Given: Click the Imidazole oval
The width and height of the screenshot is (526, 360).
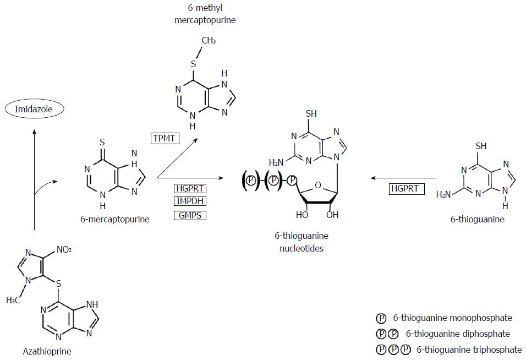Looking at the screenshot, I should [35, 109].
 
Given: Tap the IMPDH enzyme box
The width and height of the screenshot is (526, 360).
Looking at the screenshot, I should [190, 201].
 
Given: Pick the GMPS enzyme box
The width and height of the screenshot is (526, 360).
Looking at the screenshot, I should [190, 215].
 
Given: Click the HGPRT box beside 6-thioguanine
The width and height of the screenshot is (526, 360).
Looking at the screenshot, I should [405, 189].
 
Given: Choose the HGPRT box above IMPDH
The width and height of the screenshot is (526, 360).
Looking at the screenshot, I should [190, 188].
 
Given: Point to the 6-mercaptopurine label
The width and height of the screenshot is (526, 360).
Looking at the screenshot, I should [114, 219].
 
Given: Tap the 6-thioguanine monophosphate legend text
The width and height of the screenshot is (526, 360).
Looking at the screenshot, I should [453, 318].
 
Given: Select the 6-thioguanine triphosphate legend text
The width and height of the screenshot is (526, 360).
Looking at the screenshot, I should [469, 349].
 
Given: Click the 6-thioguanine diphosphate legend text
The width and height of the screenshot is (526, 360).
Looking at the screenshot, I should [458, 334].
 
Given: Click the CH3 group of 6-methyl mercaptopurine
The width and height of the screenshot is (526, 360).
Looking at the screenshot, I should [209, 41].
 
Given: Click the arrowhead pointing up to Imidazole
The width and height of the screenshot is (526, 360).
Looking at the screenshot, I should [35, 130].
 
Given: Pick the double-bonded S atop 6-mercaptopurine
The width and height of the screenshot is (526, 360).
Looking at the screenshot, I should [102, 142].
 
